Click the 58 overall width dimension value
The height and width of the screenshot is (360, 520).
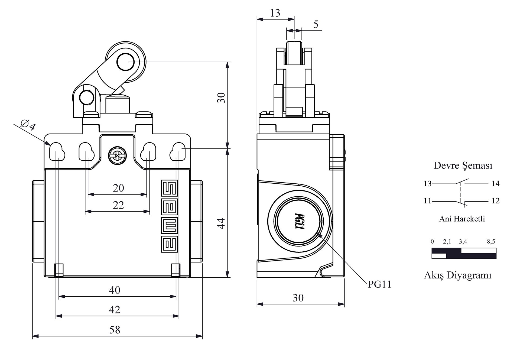(115, 330)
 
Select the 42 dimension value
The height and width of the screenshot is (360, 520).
(114, 309)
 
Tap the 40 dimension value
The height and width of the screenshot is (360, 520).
(115, 290)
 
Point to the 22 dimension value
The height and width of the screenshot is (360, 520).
(118, 205)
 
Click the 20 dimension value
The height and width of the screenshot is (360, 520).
(118, 188)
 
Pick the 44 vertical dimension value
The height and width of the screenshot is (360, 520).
(221, 223)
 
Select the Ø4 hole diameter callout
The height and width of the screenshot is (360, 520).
(28, 125)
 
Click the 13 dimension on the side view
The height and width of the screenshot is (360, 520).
(275, 13)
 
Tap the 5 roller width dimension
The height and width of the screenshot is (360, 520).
(316, 24)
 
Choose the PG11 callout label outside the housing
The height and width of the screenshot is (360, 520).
(379, 284)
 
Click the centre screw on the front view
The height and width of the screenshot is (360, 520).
(117, 156)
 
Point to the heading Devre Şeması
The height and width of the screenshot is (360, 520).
(463, 165)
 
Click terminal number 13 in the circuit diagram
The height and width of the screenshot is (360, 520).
(427, 184)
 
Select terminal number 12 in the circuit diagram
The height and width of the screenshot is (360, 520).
(495, 201)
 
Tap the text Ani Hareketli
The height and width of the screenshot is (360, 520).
(462, 219)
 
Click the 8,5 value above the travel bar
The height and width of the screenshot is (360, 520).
(491, 241)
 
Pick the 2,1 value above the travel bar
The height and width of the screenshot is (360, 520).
(447, 241)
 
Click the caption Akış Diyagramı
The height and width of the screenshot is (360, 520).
(457, 275)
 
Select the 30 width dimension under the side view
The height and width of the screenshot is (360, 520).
(298, 298)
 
